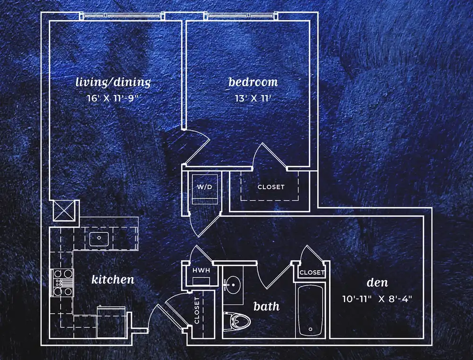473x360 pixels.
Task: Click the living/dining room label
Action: pos(113,82)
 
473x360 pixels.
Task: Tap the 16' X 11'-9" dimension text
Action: pos(113,98)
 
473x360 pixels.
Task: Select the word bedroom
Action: pos(253,82)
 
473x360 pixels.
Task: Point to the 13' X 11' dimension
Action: pos(253,98)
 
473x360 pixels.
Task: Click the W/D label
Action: pos(204,187)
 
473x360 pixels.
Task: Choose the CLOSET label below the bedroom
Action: pos(271,187)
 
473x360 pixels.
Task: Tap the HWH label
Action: pos(201,271)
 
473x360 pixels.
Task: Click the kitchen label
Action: pos(113,280)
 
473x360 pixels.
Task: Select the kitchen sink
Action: pos(99,239)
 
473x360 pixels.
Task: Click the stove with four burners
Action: pos(62,283)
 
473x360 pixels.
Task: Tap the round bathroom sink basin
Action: pos(233,284)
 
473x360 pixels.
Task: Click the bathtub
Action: pos(310,310)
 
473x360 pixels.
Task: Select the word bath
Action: pos(266,307)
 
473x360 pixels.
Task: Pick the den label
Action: pos(377,282)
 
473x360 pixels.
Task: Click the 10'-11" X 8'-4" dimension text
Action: pos(377,299)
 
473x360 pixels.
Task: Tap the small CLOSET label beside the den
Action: pos(312,272)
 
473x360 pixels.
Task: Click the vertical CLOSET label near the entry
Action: pos(197,310)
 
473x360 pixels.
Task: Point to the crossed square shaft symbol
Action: pos(64,211)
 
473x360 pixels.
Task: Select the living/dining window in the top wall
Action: pos(123,16)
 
